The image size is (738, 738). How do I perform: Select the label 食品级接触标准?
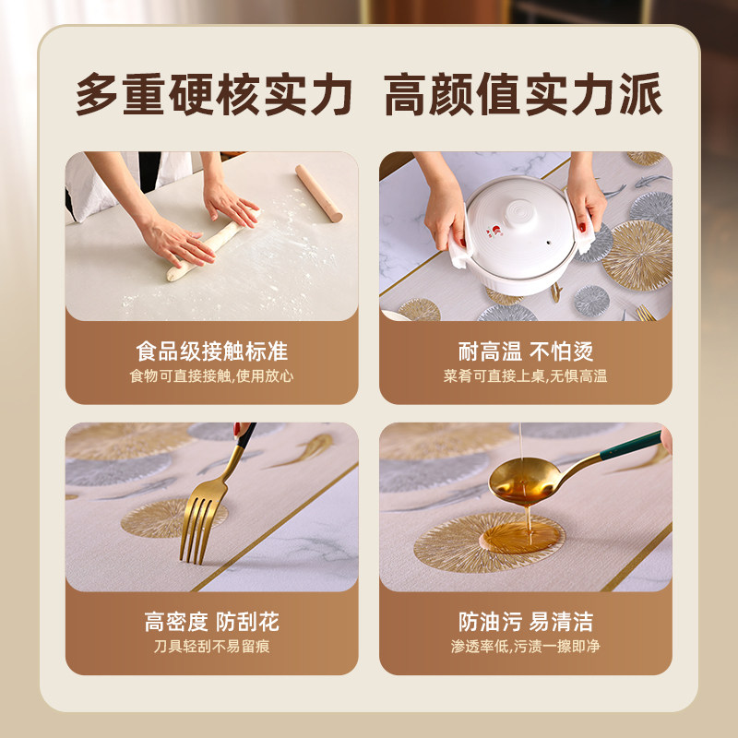pos(211,351)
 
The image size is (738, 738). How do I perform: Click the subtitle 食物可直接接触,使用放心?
pos(211,376)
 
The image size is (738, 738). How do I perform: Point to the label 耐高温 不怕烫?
pos(525,351)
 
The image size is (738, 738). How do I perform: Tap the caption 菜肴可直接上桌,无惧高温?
pos(525,376)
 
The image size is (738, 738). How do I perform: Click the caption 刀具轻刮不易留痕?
pos(211,647)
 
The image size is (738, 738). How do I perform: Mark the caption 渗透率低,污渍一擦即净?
pos(525,647)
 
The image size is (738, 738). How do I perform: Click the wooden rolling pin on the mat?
pos(318,193)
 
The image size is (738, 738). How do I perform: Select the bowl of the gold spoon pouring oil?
pos(523,478)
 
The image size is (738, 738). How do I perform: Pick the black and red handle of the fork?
pos(243,439)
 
